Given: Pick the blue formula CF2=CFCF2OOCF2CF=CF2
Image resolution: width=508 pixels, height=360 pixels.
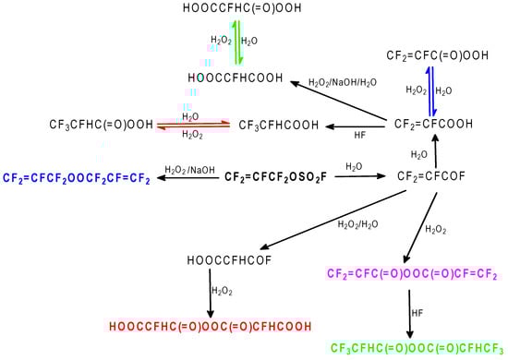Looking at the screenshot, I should [77, 177].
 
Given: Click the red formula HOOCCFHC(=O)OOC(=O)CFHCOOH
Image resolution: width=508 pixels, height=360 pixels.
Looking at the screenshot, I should [210, 326].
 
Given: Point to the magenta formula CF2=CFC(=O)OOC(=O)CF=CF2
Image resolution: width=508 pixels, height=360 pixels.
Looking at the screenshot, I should [413, 274].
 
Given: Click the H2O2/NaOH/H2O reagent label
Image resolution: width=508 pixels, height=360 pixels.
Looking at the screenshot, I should [342, 82].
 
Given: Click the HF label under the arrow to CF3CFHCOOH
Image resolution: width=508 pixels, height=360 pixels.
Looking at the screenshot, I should [359, 135].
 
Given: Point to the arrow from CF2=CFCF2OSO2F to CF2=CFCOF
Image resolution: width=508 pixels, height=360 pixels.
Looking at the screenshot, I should [354, 176].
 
